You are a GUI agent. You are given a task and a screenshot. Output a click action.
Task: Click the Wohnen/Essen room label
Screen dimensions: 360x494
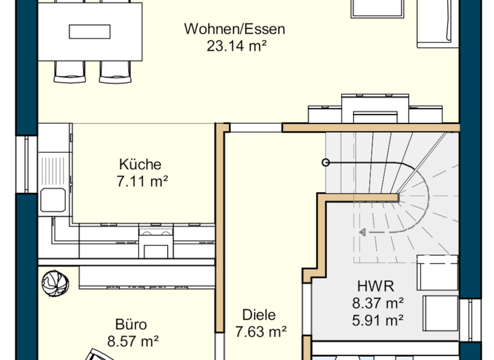point(234,29)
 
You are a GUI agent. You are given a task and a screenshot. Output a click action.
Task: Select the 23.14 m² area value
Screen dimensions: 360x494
point(236,45)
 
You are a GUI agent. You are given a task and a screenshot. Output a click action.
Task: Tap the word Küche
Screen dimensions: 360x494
point(140,165)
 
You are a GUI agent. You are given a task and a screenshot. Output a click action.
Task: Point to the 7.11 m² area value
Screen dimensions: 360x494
point(142,181)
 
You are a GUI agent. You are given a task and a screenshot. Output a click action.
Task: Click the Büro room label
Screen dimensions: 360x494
point(131,324)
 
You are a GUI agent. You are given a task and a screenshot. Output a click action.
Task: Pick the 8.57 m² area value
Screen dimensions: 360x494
point(133,341)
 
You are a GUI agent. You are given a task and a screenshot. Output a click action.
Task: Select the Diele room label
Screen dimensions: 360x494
point(259,315)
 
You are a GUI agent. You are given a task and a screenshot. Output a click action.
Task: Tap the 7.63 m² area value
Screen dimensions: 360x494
point(261,332)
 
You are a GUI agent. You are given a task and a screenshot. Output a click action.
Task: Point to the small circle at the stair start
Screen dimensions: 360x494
point(325,163)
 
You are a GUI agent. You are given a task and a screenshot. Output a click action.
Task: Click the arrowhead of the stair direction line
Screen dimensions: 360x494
point(363,232)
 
